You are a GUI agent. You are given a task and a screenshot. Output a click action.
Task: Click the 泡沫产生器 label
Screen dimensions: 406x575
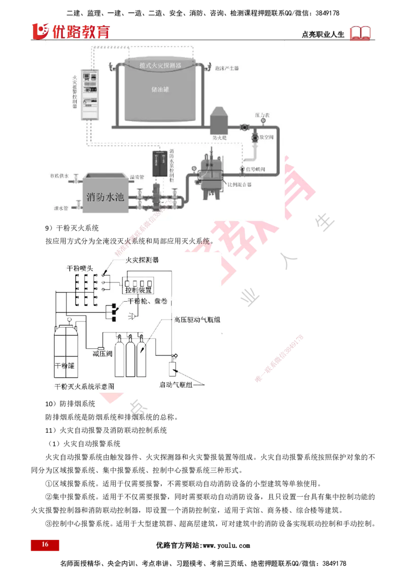pos(226,68)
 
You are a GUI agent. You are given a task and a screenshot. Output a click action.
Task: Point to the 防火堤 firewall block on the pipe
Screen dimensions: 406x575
pos(220,122)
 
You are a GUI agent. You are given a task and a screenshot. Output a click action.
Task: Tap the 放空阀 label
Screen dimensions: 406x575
pos(266,137)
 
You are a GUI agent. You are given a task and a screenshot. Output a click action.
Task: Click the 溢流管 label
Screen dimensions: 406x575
pos(137,177)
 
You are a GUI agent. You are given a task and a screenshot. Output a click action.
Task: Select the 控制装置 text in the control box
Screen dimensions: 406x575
pos(138,291)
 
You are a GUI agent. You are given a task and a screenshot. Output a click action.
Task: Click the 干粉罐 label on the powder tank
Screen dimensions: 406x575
pos(64,365)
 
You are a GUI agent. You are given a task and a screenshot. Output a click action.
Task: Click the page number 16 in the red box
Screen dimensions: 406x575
pos(45,545)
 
